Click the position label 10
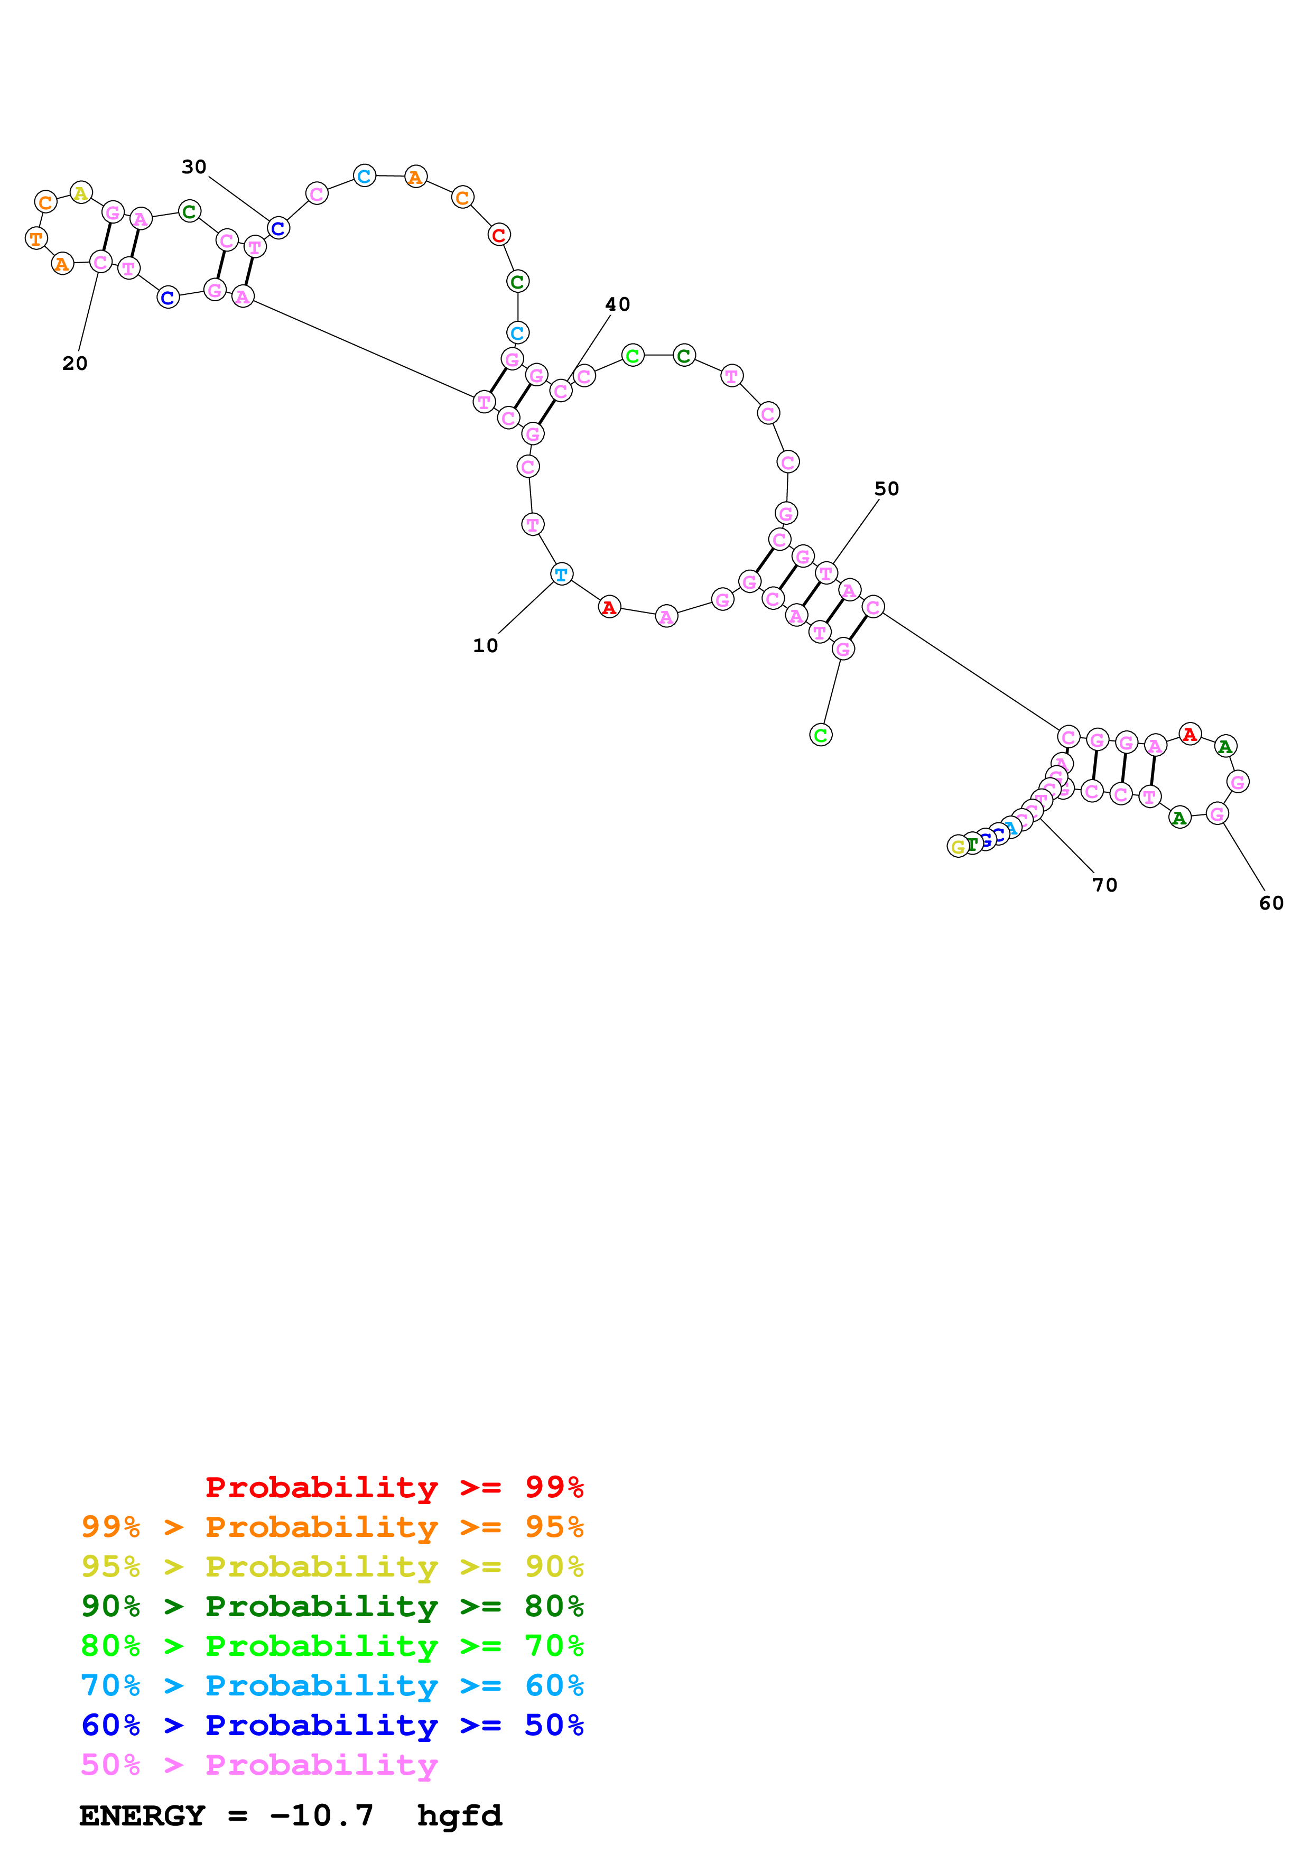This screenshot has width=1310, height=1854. click(485, 646)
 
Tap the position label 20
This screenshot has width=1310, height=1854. click(75, 364)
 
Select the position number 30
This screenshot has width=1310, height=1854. click(194, 167)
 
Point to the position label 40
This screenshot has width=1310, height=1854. click(617, 304)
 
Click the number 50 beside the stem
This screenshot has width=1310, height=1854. click(886, 489)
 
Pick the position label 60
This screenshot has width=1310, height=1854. click(1271, 904)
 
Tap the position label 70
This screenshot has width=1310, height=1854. click(1105, 886)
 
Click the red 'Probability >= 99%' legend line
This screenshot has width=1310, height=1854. click(394, 1487)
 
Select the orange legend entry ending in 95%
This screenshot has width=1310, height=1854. click(332, 1527)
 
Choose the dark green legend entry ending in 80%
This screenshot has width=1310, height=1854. click(332, 1606)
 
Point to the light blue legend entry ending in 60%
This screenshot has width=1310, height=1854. click(332, 1685)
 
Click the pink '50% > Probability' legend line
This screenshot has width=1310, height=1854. click(259, 1764)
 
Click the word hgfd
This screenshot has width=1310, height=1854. click(459, 1816)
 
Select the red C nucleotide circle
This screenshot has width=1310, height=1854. click(499, 235)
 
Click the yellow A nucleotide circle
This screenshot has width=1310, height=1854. click(81, 193)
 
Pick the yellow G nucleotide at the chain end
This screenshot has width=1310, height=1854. click(958, 846)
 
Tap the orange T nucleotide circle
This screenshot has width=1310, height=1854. click(35, 238)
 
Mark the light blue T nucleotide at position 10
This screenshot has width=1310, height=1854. click(561, 574)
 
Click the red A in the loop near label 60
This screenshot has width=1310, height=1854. click(1190, 734)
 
